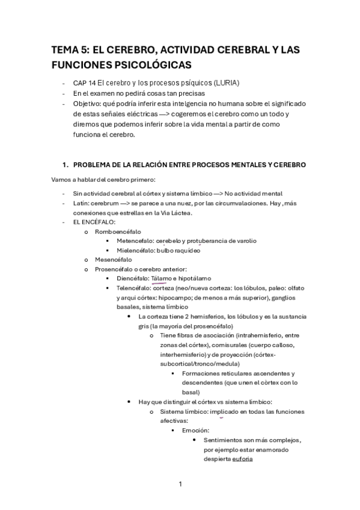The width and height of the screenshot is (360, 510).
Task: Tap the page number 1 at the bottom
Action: [x=180, y=483]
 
